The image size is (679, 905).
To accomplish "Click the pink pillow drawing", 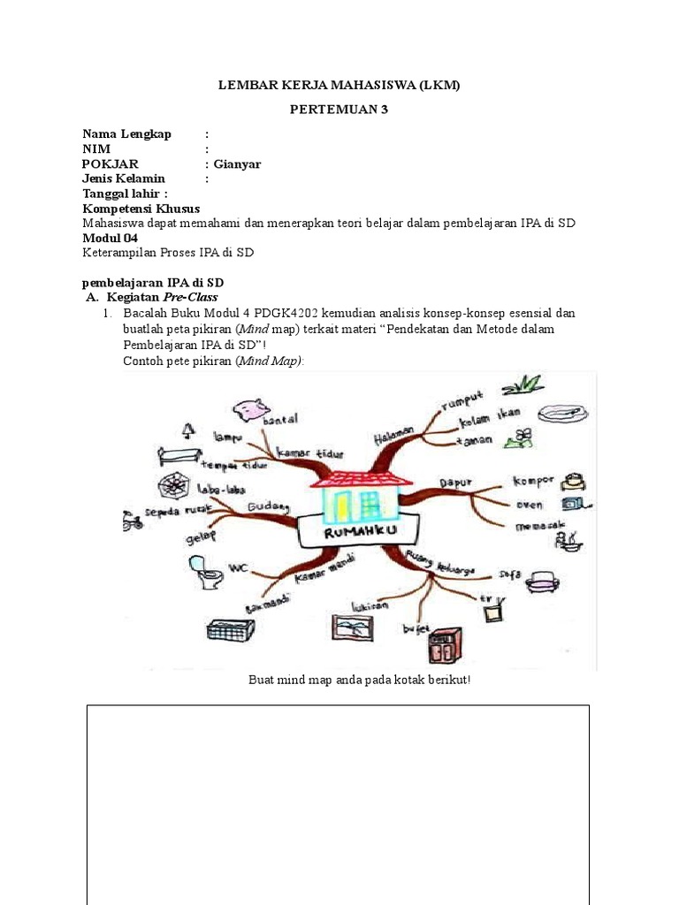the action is coord(250,409).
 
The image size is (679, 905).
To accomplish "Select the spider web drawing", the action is coord(171,485).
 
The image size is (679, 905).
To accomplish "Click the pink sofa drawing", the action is coord(543,580).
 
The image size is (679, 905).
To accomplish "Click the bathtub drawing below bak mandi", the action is coord(230,630).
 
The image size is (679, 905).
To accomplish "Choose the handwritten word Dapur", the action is coord(455,483).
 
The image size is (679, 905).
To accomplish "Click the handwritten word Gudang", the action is coord(269,506).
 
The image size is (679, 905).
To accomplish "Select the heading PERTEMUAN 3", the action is coord(339,110).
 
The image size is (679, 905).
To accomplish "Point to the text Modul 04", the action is coord(110,239).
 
